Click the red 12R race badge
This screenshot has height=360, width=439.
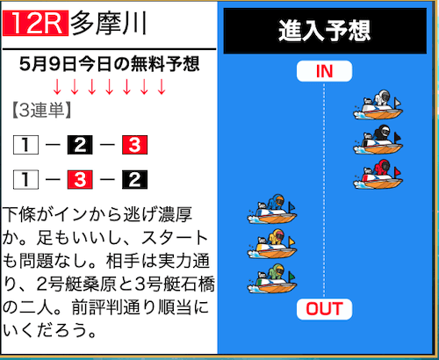coord(35,23)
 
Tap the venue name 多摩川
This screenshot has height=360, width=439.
coord(109,23)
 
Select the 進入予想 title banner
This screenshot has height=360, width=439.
coord(325,31)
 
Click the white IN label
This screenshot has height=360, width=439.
coord(324,71)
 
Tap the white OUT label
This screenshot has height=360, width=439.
coord(324,309)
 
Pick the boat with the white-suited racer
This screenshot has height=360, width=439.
coord(378,104)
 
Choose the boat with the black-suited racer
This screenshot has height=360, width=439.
coord(378,140)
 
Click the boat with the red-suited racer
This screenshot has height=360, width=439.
coord(378,174)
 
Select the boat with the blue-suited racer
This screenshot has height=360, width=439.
coord(272,209)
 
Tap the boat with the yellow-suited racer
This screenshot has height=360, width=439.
coord(272,244)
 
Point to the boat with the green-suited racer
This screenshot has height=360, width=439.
coord(272,278)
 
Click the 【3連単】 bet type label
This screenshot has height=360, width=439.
coord(41,111)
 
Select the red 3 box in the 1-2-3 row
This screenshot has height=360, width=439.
coord(134,145)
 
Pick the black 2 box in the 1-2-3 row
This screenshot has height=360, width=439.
coord(80,145)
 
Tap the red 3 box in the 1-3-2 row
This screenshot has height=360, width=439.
coord(80,180)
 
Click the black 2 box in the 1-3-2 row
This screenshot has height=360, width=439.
coord(134,180)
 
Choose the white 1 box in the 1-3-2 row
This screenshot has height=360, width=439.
coord(25,180)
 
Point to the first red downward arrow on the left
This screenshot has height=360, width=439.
coord(57,87)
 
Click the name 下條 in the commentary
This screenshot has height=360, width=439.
coord(20,214)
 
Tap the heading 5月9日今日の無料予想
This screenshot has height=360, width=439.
coord(109,64)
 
